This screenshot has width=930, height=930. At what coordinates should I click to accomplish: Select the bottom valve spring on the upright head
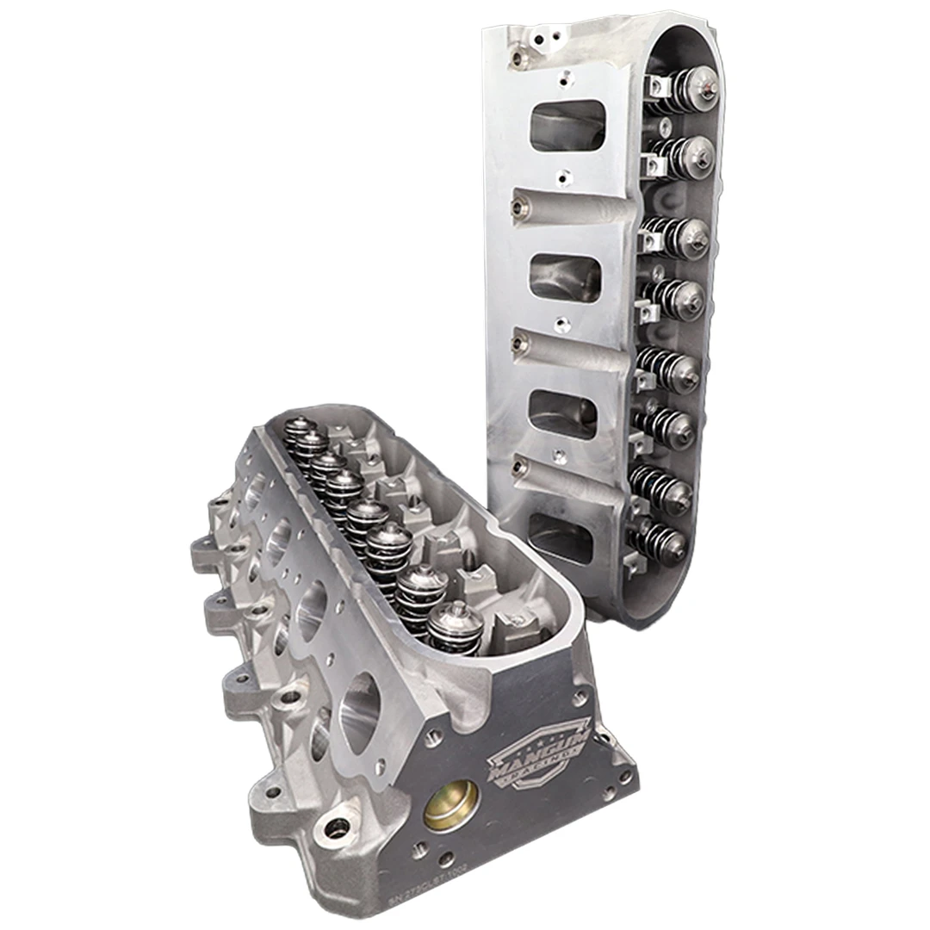[x=664, y=542]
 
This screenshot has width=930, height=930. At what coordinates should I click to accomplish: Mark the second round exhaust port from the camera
[x=313, y=607]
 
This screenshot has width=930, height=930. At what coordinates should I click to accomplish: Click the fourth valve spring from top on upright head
[x=679, y=296]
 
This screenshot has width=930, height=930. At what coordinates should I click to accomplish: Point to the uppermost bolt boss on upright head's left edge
[x=518, y=56]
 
